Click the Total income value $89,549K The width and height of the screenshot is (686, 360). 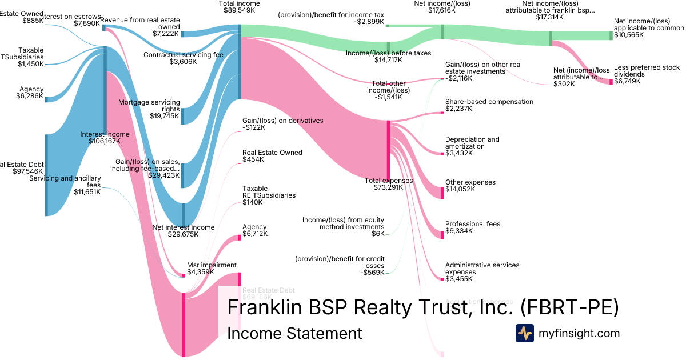pos(240,10)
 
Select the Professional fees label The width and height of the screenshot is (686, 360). pos(473,224)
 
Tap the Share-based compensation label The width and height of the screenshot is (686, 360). pos(489,102)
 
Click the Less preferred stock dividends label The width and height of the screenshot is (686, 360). pos(647,71)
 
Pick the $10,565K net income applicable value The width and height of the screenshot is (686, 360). pos(628,35)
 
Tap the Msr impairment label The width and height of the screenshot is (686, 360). pos(212,265)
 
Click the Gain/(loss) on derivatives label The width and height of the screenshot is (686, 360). pos(282,121)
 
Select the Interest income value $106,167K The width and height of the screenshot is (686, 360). pos(105,141)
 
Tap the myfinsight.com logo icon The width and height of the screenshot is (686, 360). pos(524,333)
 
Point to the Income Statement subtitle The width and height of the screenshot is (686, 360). pos(294,334)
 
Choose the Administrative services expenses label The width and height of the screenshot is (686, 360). pos(482,269)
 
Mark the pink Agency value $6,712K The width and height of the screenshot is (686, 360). pos(255,234)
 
